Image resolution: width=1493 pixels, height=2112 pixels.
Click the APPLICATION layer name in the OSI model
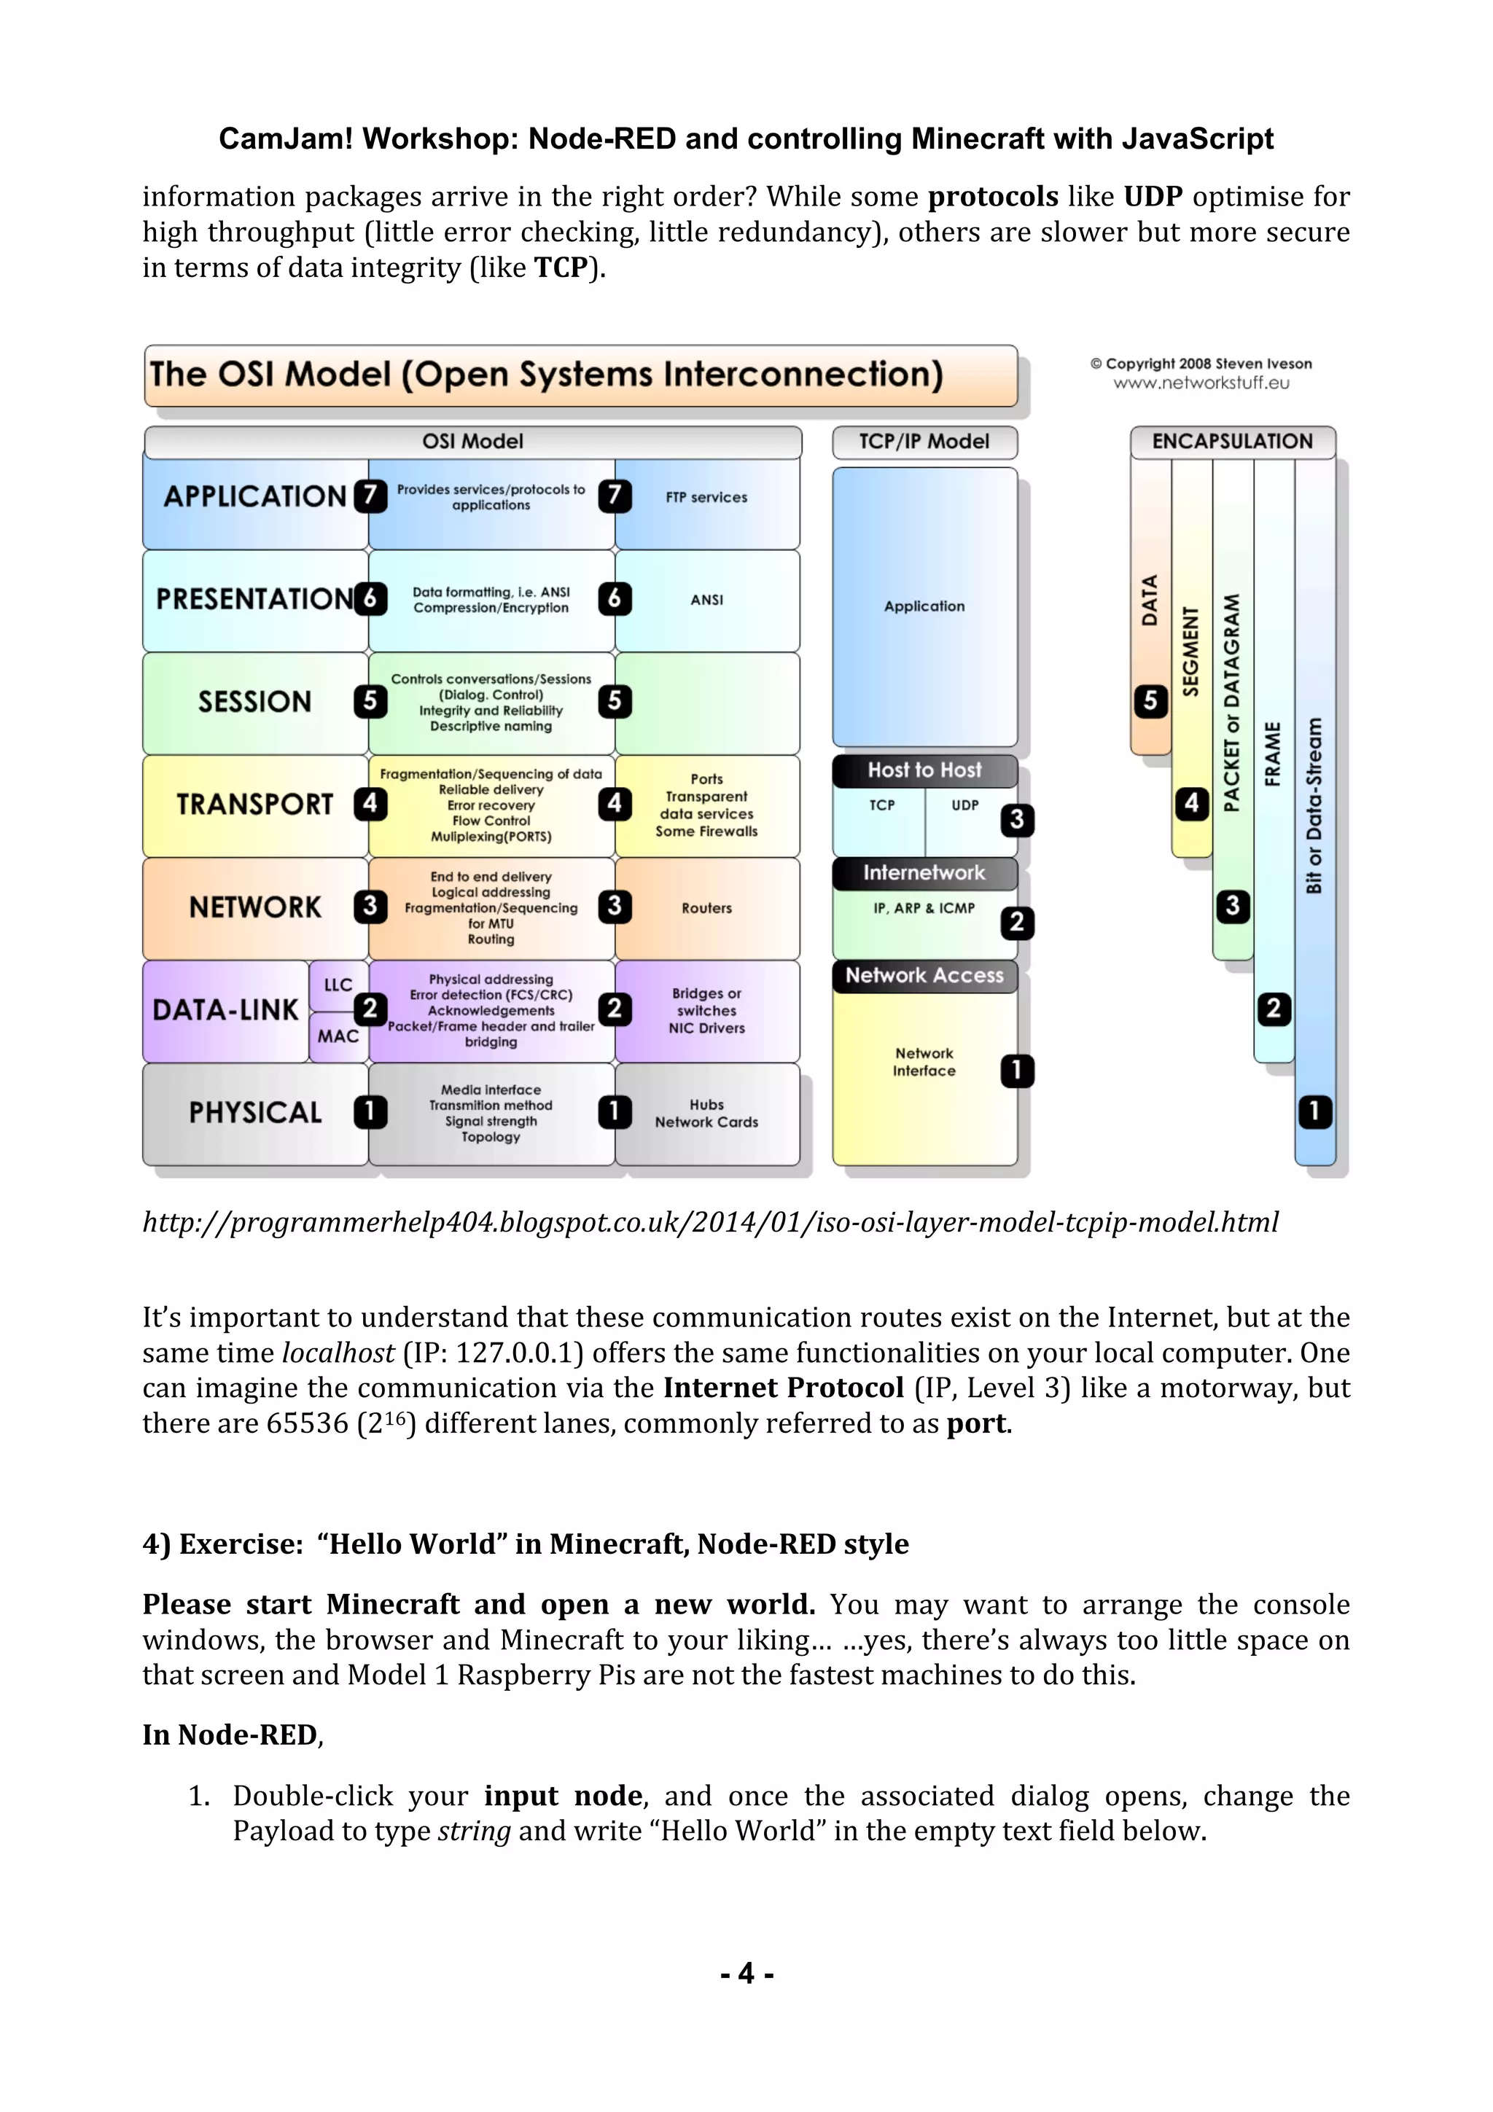pyautogui.click(x=254, y=497)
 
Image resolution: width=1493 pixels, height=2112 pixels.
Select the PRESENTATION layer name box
pyautogui.click(x=254, y=599)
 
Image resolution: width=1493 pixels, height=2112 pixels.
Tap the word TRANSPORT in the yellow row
pyautogui.click(x=254, y=805)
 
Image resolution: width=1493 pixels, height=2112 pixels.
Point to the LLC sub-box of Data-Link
pyautogui.click(x=338, y=985)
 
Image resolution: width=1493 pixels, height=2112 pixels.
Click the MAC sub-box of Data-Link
pyautogui.click(x=338, y=1036)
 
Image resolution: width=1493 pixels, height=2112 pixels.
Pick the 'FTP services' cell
pyautogui.click(x=706, y=498)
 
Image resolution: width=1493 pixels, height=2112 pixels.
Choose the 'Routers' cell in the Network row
pyautogui.click(x=706, y=908)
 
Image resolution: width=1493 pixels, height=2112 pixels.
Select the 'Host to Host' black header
pyautogui.click(x=924, y=770)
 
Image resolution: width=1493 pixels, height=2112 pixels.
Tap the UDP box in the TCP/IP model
pyautogui.click(x=965, y=806)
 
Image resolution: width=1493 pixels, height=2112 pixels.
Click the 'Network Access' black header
pyautogui.click(x=924, y=975)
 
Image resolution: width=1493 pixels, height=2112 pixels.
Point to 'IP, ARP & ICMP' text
pyautogui.click(x=924, y=908)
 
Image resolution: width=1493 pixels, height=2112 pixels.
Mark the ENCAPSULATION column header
pyautogui.click(x=1232, y=442)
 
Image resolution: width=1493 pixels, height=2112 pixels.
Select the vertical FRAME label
pyautogui.click(x=1273, y=754)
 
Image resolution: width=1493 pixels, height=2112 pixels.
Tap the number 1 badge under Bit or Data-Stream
pyautogui.click(x=1314, y=1111)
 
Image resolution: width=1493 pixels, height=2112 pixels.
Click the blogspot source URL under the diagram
pyautogui.click(x=710, y=1222)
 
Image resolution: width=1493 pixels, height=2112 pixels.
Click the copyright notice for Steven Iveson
pyautogui.click(x=1201, y=364)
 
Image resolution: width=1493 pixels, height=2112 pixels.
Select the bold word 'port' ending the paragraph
pyautogui.click(x=976, y=1424)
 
